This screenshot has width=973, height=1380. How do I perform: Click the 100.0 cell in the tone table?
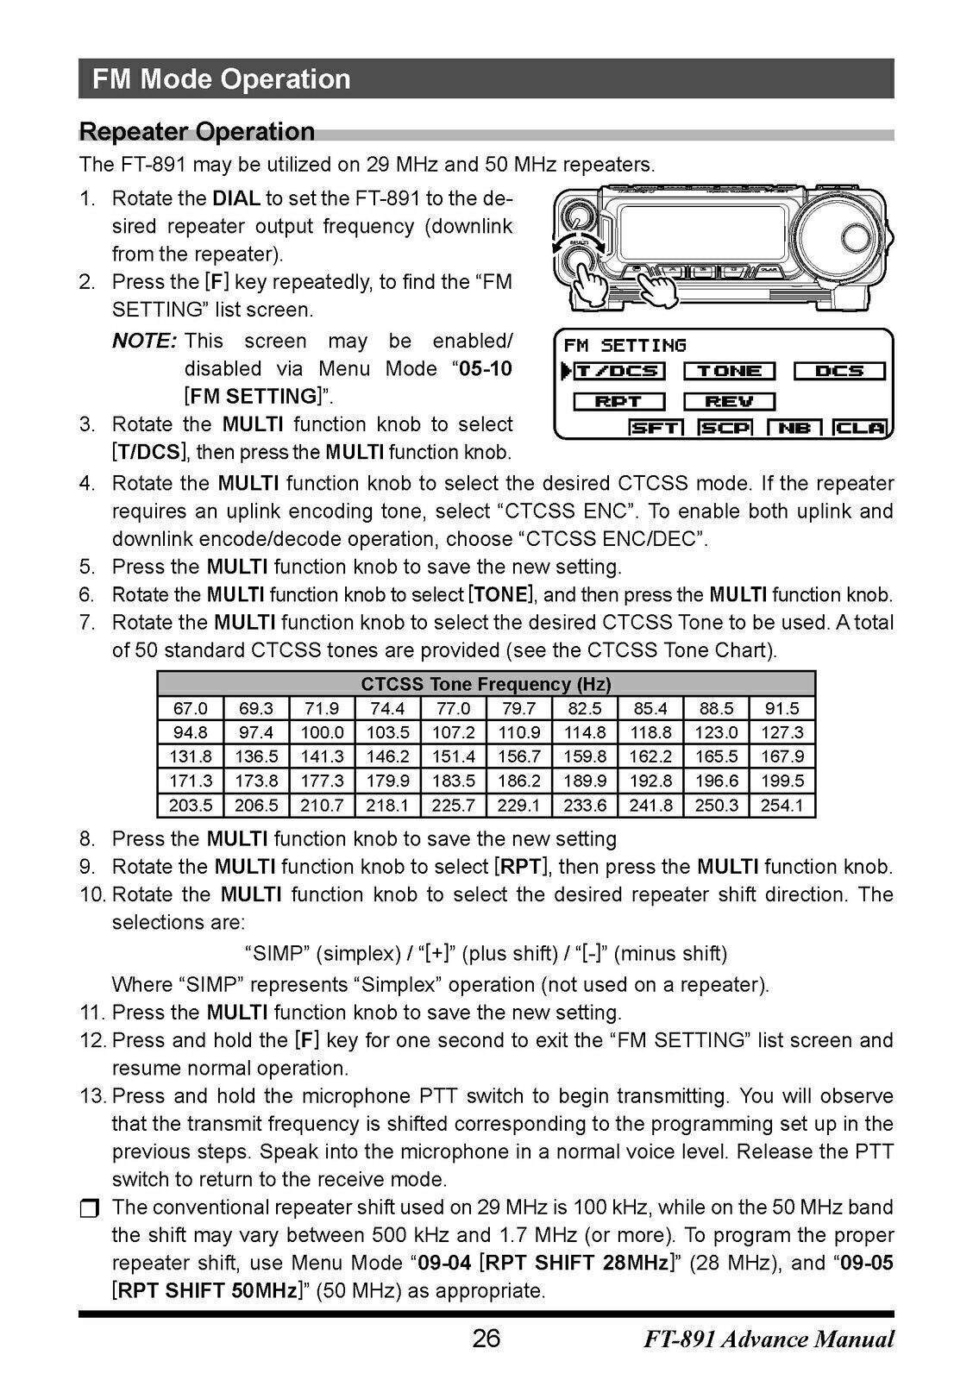pyautogui.click(x=322, y=732)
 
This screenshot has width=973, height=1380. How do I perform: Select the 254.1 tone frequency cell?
pyautogui.click(x=782, y=806)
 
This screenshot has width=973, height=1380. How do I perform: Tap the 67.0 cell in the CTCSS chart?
pyautogui.click(x=191, y=708)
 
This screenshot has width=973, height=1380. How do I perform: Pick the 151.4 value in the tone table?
pyautogui.click(x=453, y=756)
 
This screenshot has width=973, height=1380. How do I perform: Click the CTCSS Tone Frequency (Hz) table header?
pyautogui.click(x=486, y=684)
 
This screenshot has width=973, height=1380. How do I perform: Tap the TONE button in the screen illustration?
pyautogui.click(x=729, y=372)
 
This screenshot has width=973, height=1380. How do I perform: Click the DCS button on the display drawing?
pyautogui.click(x=838, y=372)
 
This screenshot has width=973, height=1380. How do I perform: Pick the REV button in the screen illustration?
pyautogui.click(x=729, y=402)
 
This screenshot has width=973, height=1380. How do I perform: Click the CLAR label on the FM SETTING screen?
pyautogui.click(x=861, y=428)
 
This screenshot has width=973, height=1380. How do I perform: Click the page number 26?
pyautogui.click(x=486, y=1339)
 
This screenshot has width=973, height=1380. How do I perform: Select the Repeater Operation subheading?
pyautogui.click(x=197, y=132)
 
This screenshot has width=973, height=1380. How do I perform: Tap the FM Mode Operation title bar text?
pyautogui.click(x=222, y=79)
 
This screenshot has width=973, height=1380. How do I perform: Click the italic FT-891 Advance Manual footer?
pyautogui.click(x=769, y=1339)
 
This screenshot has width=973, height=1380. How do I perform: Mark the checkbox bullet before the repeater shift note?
pyautogui.click(x=90, y=1208)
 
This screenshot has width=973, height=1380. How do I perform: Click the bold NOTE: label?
pyautogui.click(x=144, y=341)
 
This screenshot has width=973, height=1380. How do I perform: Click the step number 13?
pyautogui.click(x=91, y=1096)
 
